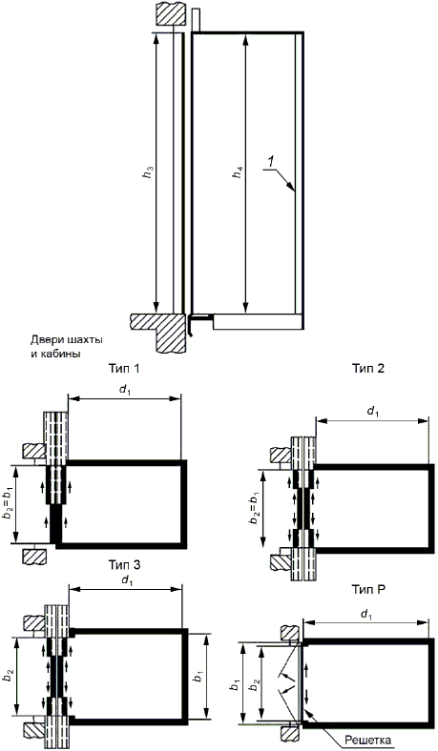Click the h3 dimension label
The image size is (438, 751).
click(x=150, y=172)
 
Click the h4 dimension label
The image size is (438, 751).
click(x=238, y=172)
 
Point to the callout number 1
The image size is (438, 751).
click(x=271, y=162)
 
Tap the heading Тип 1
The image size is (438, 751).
click(x=125, y=368)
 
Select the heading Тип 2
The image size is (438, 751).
click(x=368, y=368)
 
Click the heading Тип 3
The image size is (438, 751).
click(x=124, y=565)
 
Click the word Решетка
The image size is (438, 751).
click(x=368, y=740)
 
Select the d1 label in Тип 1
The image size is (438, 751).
click(x=125, y=390)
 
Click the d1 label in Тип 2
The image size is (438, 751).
click(x=372, y=412)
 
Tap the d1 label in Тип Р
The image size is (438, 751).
click(x=366, y=615)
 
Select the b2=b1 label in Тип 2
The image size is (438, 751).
click(x=254, y=508)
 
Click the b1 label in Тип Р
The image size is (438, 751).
click(x=236, y=685)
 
